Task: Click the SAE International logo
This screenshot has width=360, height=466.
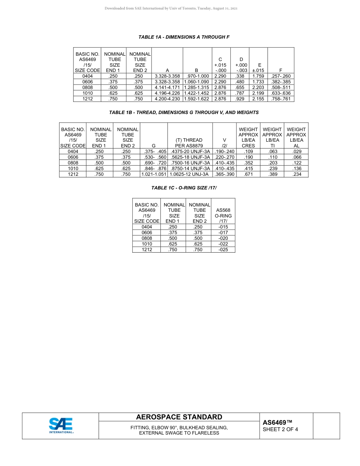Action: click(x=61, y=425)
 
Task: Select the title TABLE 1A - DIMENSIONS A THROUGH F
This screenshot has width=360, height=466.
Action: click(x=184, y=37)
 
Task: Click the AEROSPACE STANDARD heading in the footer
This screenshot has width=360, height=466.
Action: click(x=179, y=417)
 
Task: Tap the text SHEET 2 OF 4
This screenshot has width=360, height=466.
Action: click(x=280, y=429)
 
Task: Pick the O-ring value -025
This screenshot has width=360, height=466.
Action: click(x=223, y=250)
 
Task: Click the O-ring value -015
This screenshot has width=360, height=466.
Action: click(x=223, y=227)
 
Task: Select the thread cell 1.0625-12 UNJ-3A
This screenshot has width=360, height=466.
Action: click(x=189, y=174)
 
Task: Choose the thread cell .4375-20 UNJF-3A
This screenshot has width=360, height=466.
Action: click(x=190, y=152)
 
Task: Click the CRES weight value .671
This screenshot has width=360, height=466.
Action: click(x=249, y=174)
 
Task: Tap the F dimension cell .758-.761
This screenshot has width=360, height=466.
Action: click(x=280, y=99)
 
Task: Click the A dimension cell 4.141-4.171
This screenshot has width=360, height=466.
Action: click(x=167, y=88)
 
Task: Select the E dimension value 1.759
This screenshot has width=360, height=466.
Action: click(x=258, y=76)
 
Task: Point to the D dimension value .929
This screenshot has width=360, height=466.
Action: click(x=239, y=99)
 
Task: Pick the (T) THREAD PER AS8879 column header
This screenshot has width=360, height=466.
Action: click(x=189, y=143)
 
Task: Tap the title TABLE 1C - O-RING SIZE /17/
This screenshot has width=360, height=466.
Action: click(x=184, y=188)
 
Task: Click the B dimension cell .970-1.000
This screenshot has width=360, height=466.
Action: click(x=196, y=76)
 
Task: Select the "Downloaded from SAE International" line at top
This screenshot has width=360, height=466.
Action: click(x=171, y=8)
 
